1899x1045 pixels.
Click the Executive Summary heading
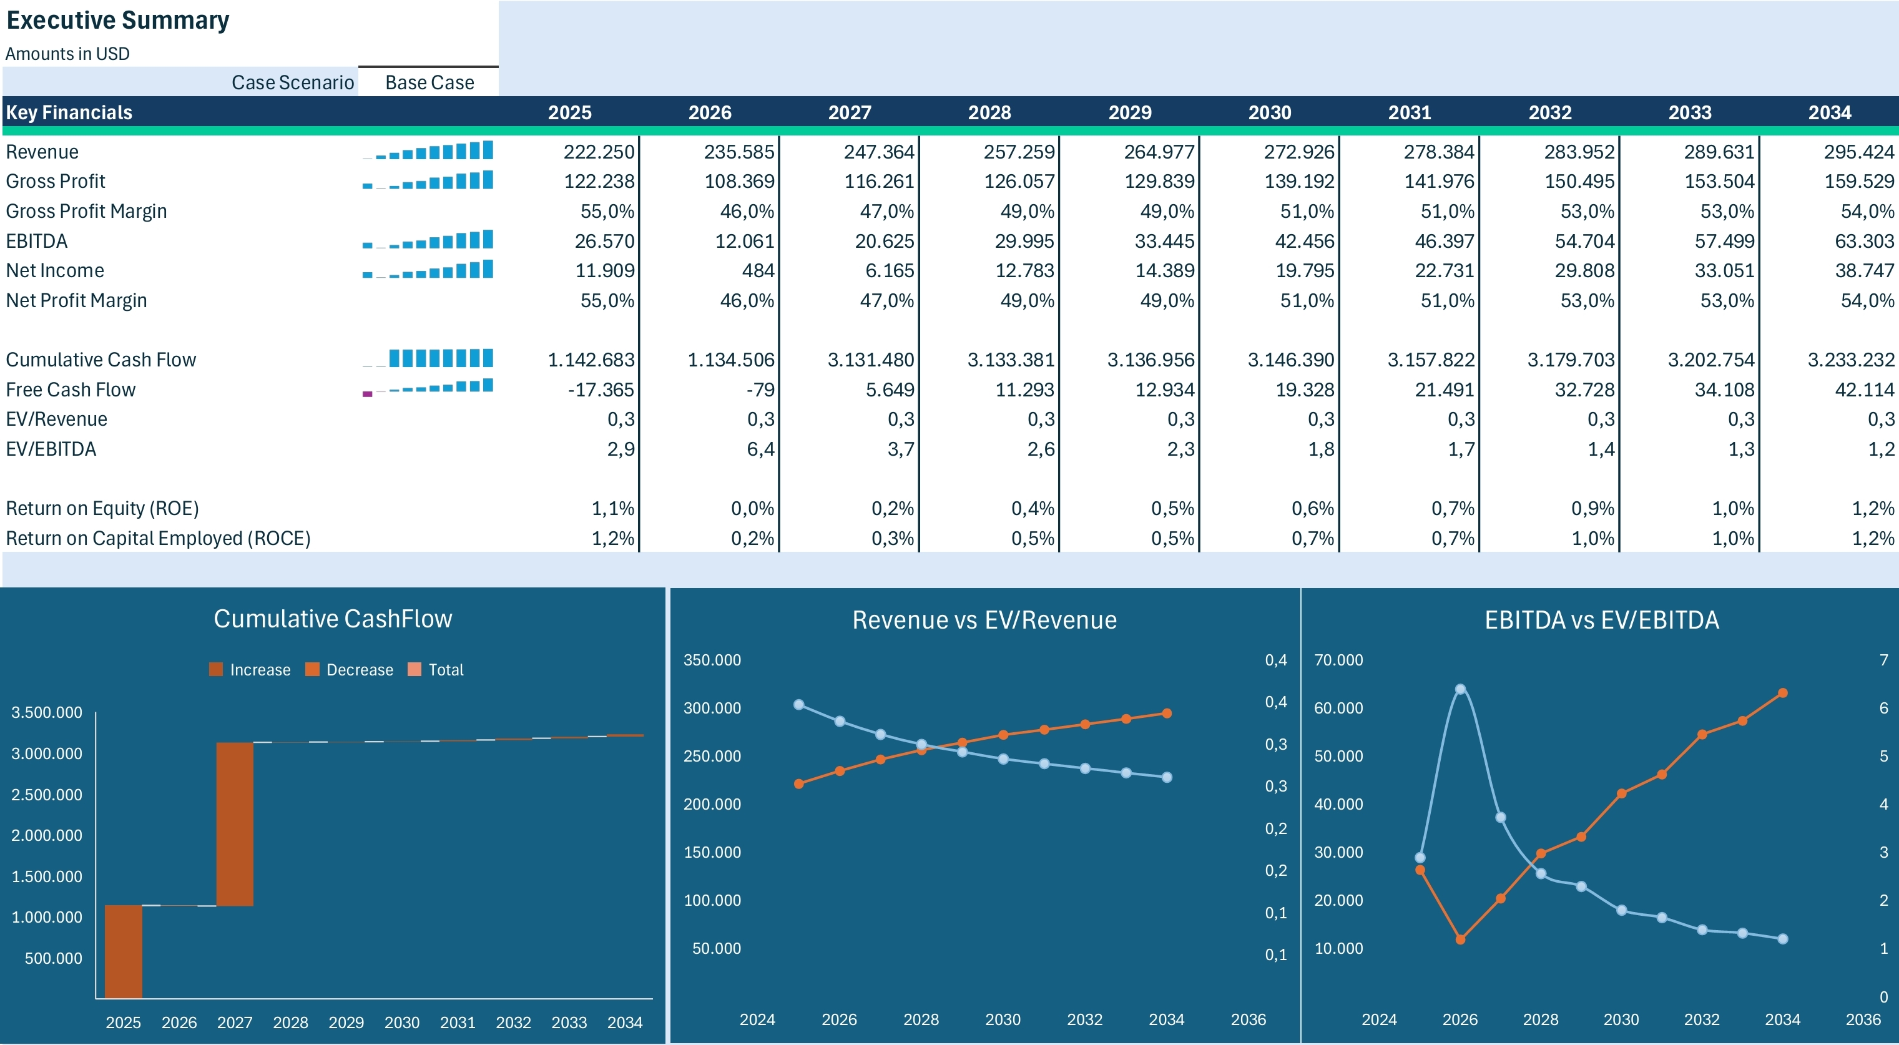(118, 20)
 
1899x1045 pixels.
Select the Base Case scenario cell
(429, 82)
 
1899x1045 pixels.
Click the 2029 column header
(1129, 113)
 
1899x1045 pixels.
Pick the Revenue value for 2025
(598, 152)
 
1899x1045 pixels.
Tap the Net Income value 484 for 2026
(758, 270)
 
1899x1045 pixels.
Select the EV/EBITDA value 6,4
(760, 449)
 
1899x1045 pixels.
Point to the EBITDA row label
(37, 241)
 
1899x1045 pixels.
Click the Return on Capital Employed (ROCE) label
(158, 538)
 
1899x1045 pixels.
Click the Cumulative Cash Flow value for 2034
(1850, 360)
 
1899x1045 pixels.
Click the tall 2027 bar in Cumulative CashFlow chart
(235, 823)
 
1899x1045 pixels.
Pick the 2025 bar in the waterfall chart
(123, 951)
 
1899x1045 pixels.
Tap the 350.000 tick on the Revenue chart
(712, 660)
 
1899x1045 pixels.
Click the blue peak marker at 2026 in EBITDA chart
(1460, 690)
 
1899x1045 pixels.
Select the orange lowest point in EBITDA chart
(1460, 940)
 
